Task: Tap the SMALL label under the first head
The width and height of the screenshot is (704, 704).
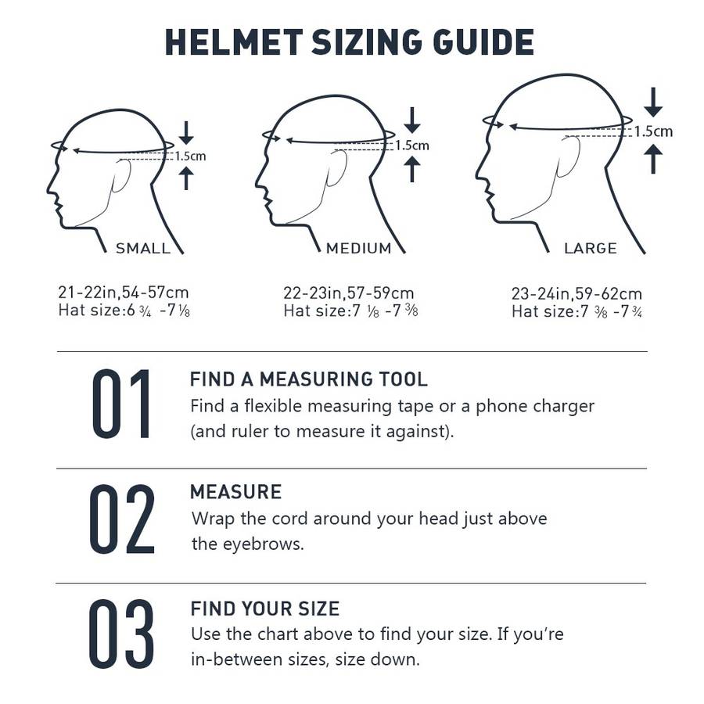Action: [x=143, y=249]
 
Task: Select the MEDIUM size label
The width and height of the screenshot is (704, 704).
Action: [x=358, y=249]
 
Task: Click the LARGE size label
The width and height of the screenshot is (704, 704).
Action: [x=591, y=249]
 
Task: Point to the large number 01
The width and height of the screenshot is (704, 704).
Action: [x=121, y=404]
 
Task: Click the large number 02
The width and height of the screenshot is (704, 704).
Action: [x=121, y=519]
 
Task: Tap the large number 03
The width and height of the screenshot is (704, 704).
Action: [x=121, y=634]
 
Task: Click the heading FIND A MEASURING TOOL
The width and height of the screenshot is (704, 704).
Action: [x=309, y=380]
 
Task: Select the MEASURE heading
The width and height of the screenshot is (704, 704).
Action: [x=235, y=492]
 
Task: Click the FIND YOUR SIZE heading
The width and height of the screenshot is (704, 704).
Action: [x=265, y=609]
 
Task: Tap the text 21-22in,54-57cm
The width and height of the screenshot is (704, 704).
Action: [x=124, y=293]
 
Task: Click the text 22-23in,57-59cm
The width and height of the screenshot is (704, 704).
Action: [x=349, y=293]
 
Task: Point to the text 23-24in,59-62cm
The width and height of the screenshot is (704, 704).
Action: [x=576, y=294]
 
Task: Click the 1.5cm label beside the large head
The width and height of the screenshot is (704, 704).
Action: [x=653, y=131]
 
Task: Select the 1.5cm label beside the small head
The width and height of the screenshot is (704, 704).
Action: [x=190, y=156]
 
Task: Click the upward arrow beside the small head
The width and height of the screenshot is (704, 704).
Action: [x=185, y=178]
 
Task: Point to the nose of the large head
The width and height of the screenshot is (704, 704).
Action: [x=479, y=170]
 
